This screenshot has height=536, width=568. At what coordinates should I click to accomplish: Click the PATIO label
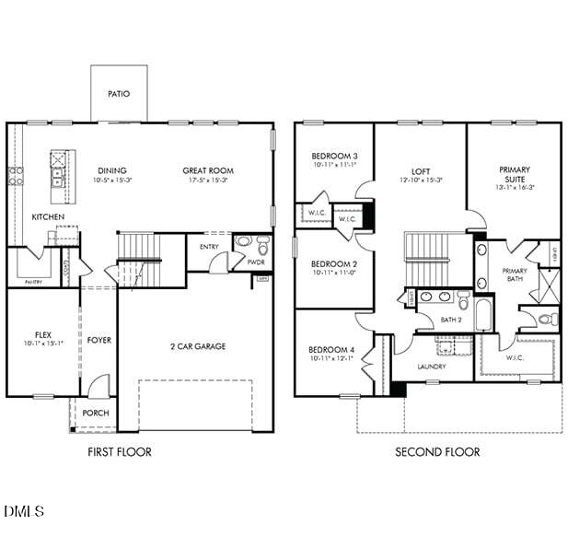coord(119,94)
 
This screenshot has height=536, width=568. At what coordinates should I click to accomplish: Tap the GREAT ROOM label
coord(208,170)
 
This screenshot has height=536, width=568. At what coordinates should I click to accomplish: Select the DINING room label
coord(112,170)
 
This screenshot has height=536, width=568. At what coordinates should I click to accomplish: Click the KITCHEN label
coord(48,217)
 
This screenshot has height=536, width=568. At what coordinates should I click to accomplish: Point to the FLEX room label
coord(43,333)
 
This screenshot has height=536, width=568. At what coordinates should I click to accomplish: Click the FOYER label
coord(99,341)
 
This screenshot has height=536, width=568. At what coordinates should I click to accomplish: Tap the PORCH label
coord(96,414)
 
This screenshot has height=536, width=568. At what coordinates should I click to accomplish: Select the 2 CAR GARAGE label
coord(197,346)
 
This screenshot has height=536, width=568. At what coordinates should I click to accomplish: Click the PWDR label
coord(256,262)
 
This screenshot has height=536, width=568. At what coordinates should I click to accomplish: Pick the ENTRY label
coord(209,246)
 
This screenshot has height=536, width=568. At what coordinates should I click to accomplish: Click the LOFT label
coord(421,171)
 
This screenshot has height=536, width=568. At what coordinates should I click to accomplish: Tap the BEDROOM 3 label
coord(334,157)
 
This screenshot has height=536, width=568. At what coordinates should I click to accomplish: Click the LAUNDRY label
coord(431,367)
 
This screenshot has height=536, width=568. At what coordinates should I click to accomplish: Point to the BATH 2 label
coord(451,320)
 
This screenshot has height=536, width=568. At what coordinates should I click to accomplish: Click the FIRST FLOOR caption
coord(120,452)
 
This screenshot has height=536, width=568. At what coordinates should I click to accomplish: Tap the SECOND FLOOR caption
coord(437,452)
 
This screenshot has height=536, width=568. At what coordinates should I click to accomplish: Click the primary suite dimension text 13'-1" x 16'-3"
coord(515,187)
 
